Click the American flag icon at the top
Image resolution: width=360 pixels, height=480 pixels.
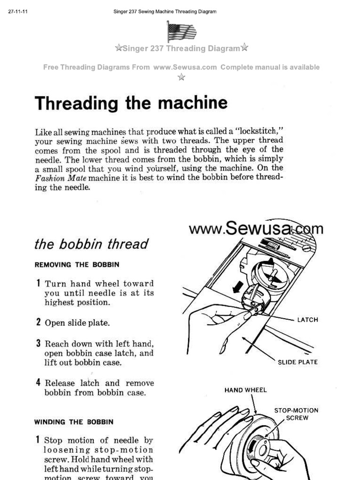pos(181,31)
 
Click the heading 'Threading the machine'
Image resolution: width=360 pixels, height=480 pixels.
pos(131,103)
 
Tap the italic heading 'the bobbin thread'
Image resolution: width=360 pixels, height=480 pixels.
pos(91,244)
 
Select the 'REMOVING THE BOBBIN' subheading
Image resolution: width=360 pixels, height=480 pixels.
pos(77,264)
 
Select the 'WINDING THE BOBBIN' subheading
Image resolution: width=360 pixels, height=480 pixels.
pos(74,421)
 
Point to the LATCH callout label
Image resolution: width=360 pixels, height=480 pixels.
pos(307,320)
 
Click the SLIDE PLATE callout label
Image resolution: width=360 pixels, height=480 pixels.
pos(298,362)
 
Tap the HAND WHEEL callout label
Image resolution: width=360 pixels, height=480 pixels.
pos(246,390)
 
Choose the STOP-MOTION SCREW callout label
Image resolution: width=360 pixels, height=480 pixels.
pos(296,414)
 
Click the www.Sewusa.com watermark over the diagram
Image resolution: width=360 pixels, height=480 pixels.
pos(256,229)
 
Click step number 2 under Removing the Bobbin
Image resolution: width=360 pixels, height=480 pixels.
pos(38,322)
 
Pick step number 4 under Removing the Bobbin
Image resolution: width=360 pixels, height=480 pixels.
pos(38,383)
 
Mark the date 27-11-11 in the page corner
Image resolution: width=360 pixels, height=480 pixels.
pos(18,12)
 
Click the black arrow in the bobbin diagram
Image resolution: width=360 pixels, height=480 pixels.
pos(239,286)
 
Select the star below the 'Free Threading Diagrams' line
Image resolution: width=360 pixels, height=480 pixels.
pos(181,77)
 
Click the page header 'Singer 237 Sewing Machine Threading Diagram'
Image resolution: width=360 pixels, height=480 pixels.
pos(165,12)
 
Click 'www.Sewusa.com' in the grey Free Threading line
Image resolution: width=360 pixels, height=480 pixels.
pos(185,67)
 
